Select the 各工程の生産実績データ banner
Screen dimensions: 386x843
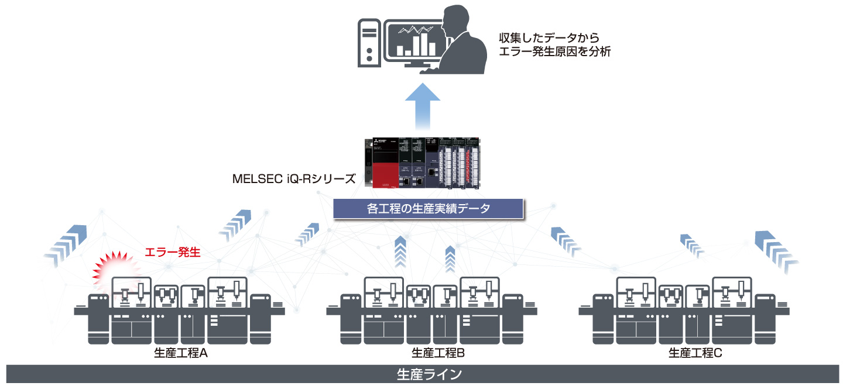tap(427, 209)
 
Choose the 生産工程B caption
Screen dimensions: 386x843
tap(438, 353)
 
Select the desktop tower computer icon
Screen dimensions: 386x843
tap(369, 41)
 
